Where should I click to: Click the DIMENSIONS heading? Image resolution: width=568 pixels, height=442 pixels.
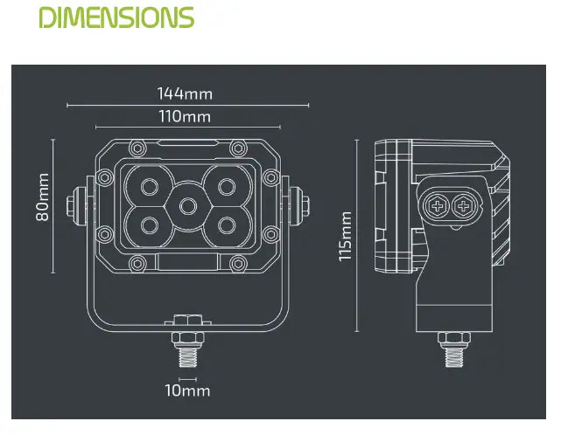coord(116,17)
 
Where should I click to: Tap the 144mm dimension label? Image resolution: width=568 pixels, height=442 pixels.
coord(185,94)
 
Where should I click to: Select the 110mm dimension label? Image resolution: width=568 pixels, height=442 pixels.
coord(185,116)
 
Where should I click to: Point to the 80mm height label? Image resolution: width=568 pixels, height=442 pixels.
coord(43,197)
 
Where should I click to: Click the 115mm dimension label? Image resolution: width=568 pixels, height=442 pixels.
coord(345,236)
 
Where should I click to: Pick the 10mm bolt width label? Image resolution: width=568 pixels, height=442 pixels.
coord(187,390)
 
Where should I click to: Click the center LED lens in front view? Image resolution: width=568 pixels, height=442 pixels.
coord(188,206)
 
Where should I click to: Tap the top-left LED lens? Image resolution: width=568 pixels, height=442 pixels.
coord(150,187)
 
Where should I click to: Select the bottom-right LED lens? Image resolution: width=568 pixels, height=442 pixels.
coord(227,225)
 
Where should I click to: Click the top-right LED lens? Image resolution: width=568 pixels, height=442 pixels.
coord(227,187)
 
